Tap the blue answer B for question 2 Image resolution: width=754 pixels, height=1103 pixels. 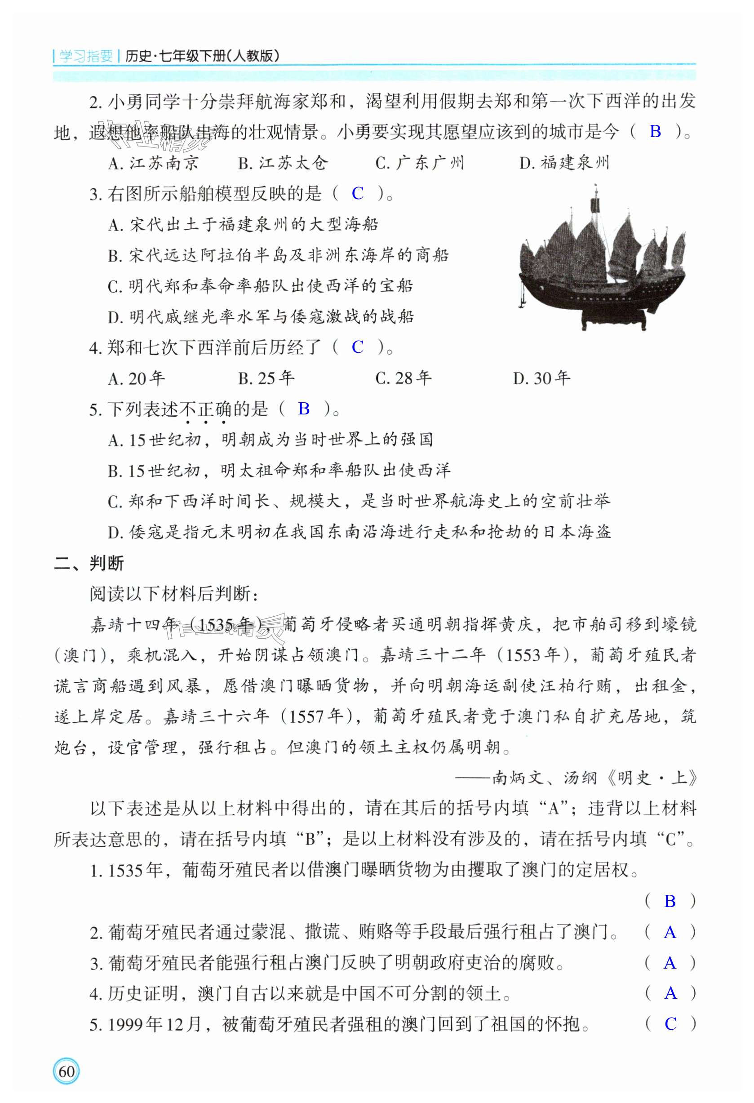(655, 131)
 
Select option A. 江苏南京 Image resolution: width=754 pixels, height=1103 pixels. (153, 163)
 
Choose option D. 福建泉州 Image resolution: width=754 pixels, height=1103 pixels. (564, 163)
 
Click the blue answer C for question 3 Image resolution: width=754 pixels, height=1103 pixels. (357, 194)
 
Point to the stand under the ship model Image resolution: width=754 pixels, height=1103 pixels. (615, 319)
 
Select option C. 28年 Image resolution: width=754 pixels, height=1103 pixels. (403, 378)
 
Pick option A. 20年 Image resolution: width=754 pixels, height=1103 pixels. (136, 378)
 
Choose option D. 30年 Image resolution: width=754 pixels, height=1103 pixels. (541, 378)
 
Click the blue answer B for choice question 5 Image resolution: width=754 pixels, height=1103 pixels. (304, 409)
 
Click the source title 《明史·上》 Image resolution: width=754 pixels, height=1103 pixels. (652, 778)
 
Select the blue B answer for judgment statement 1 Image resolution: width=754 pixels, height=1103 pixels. (670, 901)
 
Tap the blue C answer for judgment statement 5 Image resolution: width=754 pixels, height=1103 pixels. (670, 1024)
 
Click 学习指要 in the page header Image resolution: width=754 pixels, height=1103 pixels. (86, 57)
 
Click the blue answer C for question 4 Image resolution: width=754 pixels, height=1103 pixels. (357, 347)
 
